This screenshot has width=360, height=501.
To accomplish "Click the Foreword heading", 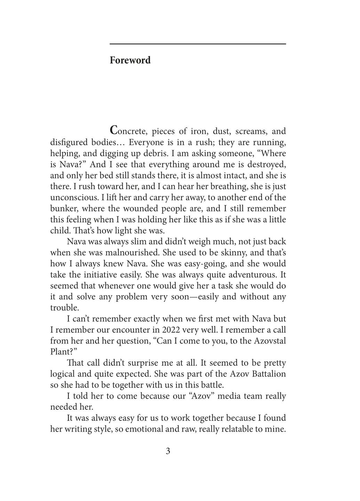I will (130, 60).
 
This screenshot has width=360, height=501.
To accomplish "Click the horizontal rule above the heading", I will (198, 44).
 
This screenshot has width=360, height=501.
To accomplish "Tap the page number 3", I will (168, 451).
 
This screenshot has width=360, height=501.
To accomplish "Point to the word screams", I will (250, 131).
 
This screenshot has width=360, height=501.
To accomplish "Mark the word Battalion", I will (268, 374).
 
